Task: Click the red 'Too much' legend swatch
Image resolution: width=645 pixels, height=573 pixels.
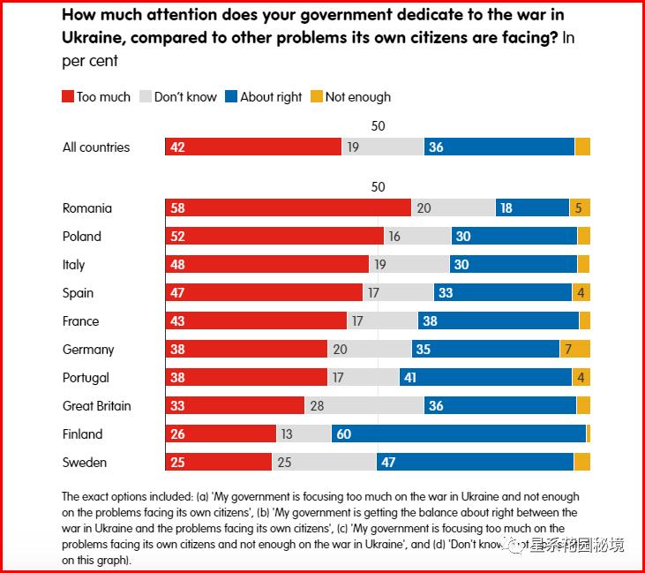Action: tap(68, 97)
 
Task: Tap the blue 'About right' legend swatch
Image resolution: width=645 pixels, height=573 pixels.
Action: tap(231, 97)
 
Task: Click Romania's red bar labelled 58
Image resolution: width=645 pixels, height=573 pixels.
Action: tap(288, 208)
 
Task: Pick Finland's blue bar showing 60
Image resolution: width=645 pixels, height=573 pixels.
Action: tap(459, 434)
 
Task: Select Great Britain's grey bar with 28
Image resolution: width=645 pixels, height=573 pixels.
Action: tap(364, 406)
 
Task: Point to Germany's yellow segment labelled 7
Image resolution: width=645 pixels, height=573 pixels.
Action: tap(575, 350)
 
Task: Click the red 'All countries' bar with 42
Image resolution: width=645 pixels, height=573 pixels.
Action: tap(253, 147)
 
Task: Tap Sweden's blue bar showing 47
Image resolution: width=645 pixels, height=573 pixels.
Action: tap(475, 463)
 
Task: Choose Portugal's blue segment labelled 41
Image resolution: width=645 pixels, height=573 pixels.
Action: tap(485, 378)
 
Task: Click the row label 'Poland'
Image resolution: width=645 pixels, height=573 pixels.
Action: tap(82, 237)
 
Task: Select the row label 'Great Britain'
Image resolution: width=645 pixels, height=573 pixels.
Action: tap(97, 406)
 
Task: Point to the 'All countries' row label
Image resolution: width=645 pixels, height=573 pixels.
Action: tap(96, 147)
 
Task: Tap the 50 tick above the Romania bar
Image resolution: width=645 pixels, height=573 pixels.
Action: tap(378, 187)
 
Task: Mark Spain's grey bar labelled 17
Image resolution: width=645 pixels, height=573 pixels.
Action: tap(398, 293)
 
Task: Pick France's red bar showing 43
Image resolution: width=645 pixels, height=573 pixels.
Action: tap(256, 321)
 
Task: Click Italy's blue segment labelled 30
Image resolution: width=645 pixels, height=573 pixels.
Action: tap(514, 265)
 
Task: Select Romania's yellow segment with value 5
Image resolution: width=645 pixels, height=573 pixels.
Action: tap(580, 208)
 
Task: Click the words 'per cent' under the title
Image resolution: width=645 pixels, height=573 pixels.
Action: tap(90, 62)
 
